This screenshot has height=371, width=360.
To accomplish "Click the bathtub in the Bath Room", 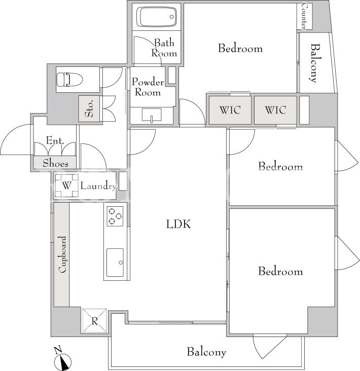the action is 157,17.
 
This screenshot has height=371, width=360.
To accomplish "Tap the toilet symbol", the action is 69,79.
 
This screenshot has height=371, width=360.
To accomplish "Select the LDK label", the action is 178,224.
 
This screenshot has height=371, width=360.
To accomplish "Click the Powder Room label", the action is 148,87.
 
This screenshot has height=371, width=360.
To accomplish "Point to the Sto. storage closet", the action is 89,108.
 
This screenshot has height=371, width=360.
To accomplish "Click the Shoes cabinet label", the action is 55,163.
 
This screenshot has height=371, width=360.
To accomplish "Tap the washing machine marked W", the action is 66,185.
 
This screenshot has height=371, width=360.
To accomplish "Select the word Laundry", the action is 98,186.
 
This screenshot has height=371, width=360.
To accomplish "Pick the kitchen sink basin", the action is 115,262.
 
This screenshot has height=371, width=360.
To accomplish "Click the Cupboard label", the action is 62,254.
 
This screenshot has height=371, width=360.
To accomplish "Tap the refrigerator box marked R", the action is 94,321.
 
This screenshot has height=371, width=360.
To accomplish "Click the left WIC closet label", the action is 230,110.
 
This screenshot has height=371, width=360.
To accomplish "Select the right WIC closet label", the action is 275,110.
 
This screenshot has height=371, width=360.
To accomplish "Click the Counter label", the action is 304,16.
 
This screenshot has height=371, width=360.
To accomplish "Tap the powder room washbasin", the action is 152,115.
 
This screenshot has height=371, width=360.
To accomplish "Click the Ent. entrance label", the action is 55,140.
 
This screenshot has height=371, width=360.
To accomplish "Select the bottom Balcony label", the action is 206,352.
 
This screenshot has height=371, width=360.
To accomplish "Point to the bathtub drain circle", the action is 172,17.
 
